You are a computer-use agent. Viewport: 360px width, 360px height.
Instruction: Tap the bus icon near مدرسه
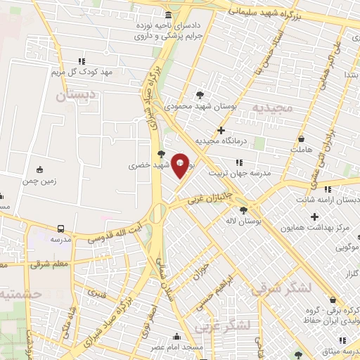60,229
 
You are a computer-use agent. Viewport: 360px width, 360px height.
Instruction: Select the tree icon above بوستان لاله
243,210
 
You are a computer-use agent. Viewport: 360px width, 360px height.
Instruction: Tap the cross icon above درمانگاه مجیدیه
221,130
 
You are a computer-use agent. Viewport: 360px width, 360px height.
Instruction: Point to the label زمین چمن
39,181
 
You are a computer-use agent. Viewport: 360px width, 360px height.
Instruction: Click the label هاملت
301,150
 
